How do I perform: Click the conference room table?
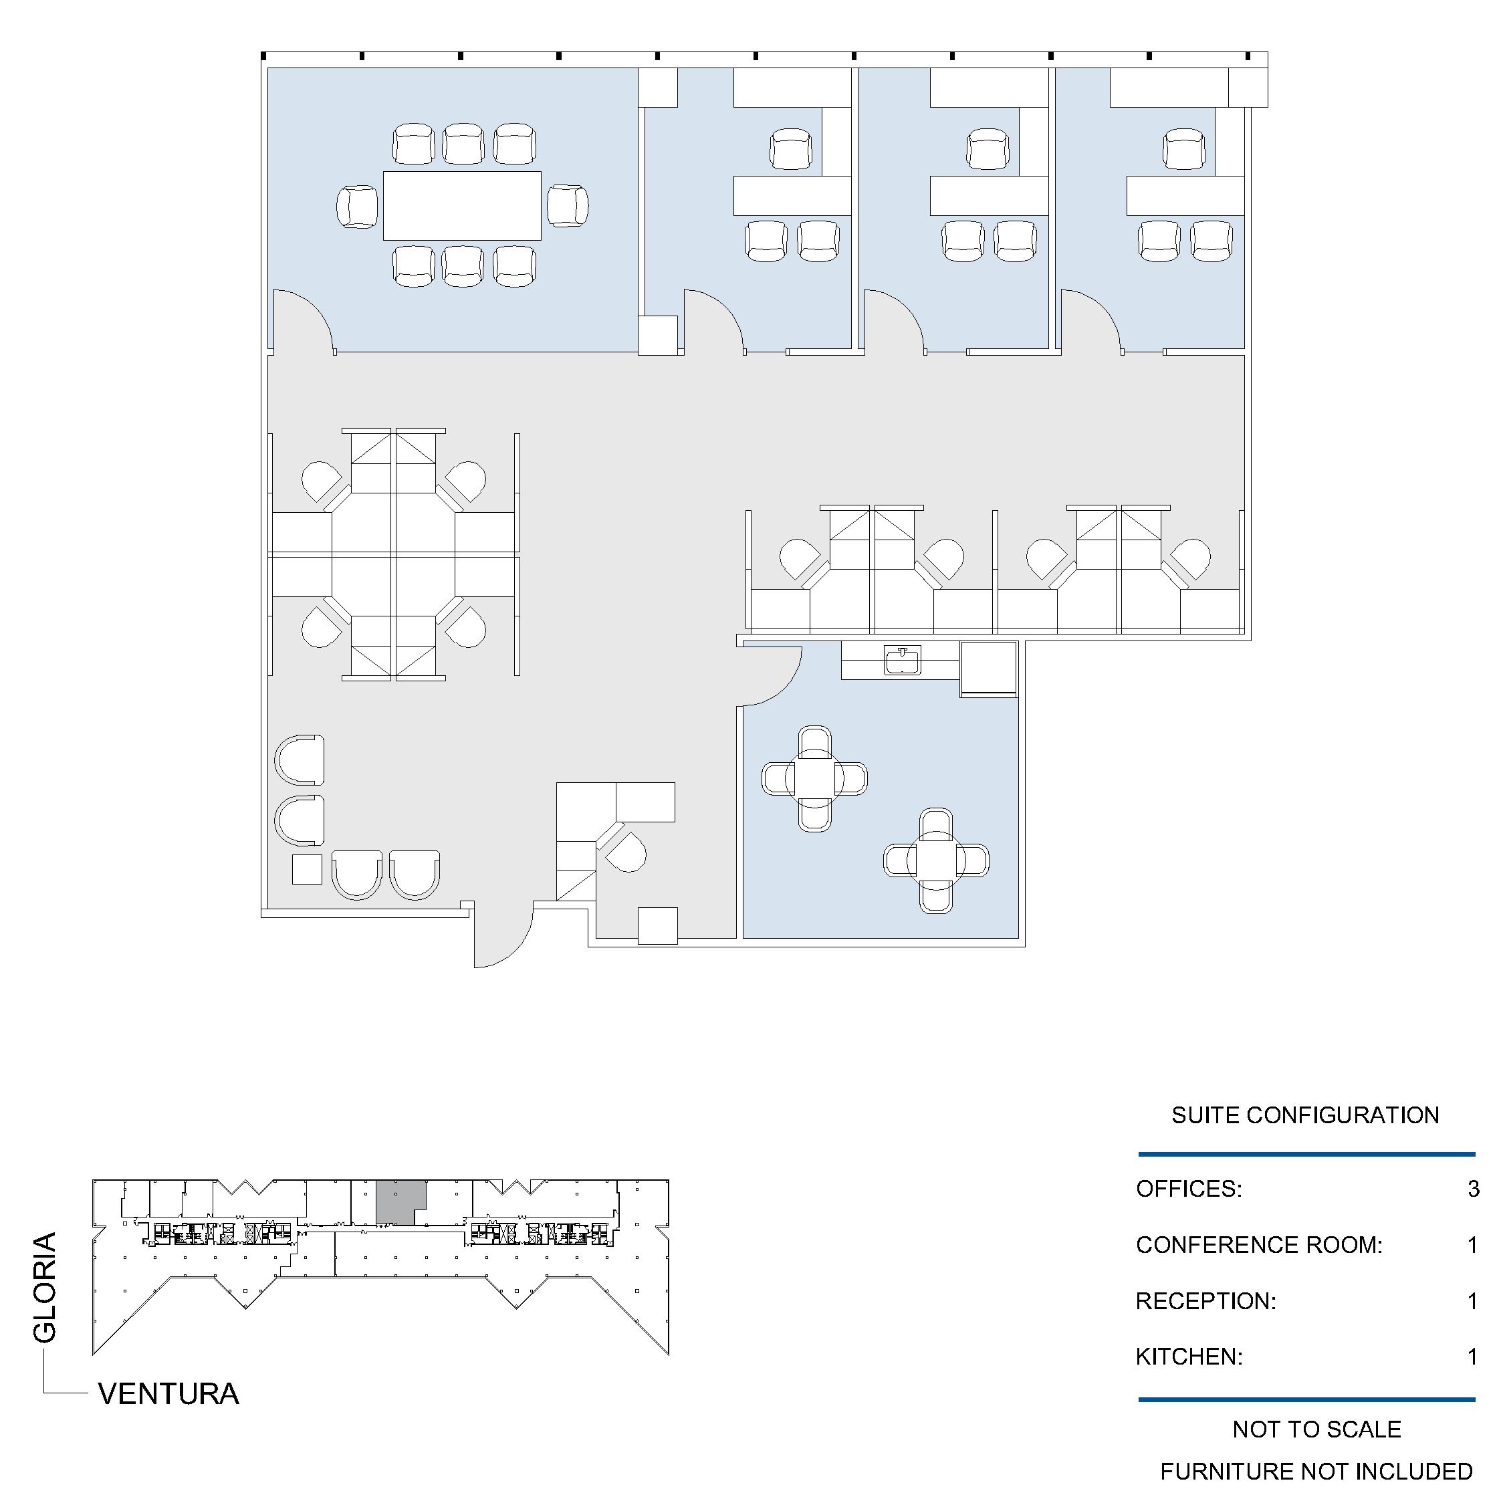[462, 206]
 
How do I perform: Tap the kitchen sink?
[903, 660]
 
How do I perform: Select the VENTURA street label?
[168, 1394]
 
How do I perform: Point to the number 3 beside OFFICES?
[1472, 1189]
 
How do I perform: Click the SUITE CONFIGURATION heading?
[1305, 1115]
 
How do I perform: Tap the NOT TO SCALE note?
[1316, 1429]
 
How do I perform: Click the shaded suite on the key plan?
[400, 1202]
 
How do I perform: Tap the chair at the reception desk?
[626, 851]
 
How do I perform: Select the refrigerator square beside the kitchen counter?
[988, 669]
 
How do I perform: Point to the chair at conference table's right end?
[568, 206]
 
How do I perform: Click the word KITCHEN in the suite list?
[1189, 1357]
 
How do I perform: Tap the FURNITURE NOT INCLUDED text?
[1316, 1471]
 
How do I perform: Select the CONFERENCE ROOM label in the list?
[1259, 1245]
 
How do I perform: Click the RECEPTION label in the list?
[1205, 1301]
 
